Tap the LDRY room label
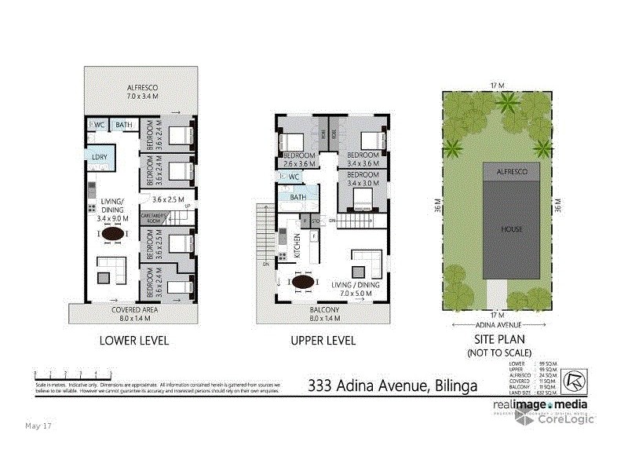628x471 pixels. [100, 158]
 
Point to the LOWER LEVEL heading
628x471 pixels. [133, 341]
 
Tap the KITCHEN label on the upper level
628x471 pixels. [298, 246]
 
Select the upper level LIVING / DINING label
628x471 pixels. [354, 287]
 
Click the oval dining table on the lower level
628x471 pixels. [115, 233]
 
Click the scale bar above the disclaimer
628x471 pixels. [67, 373]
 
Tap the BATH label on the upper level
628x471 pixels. [298, 197]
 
